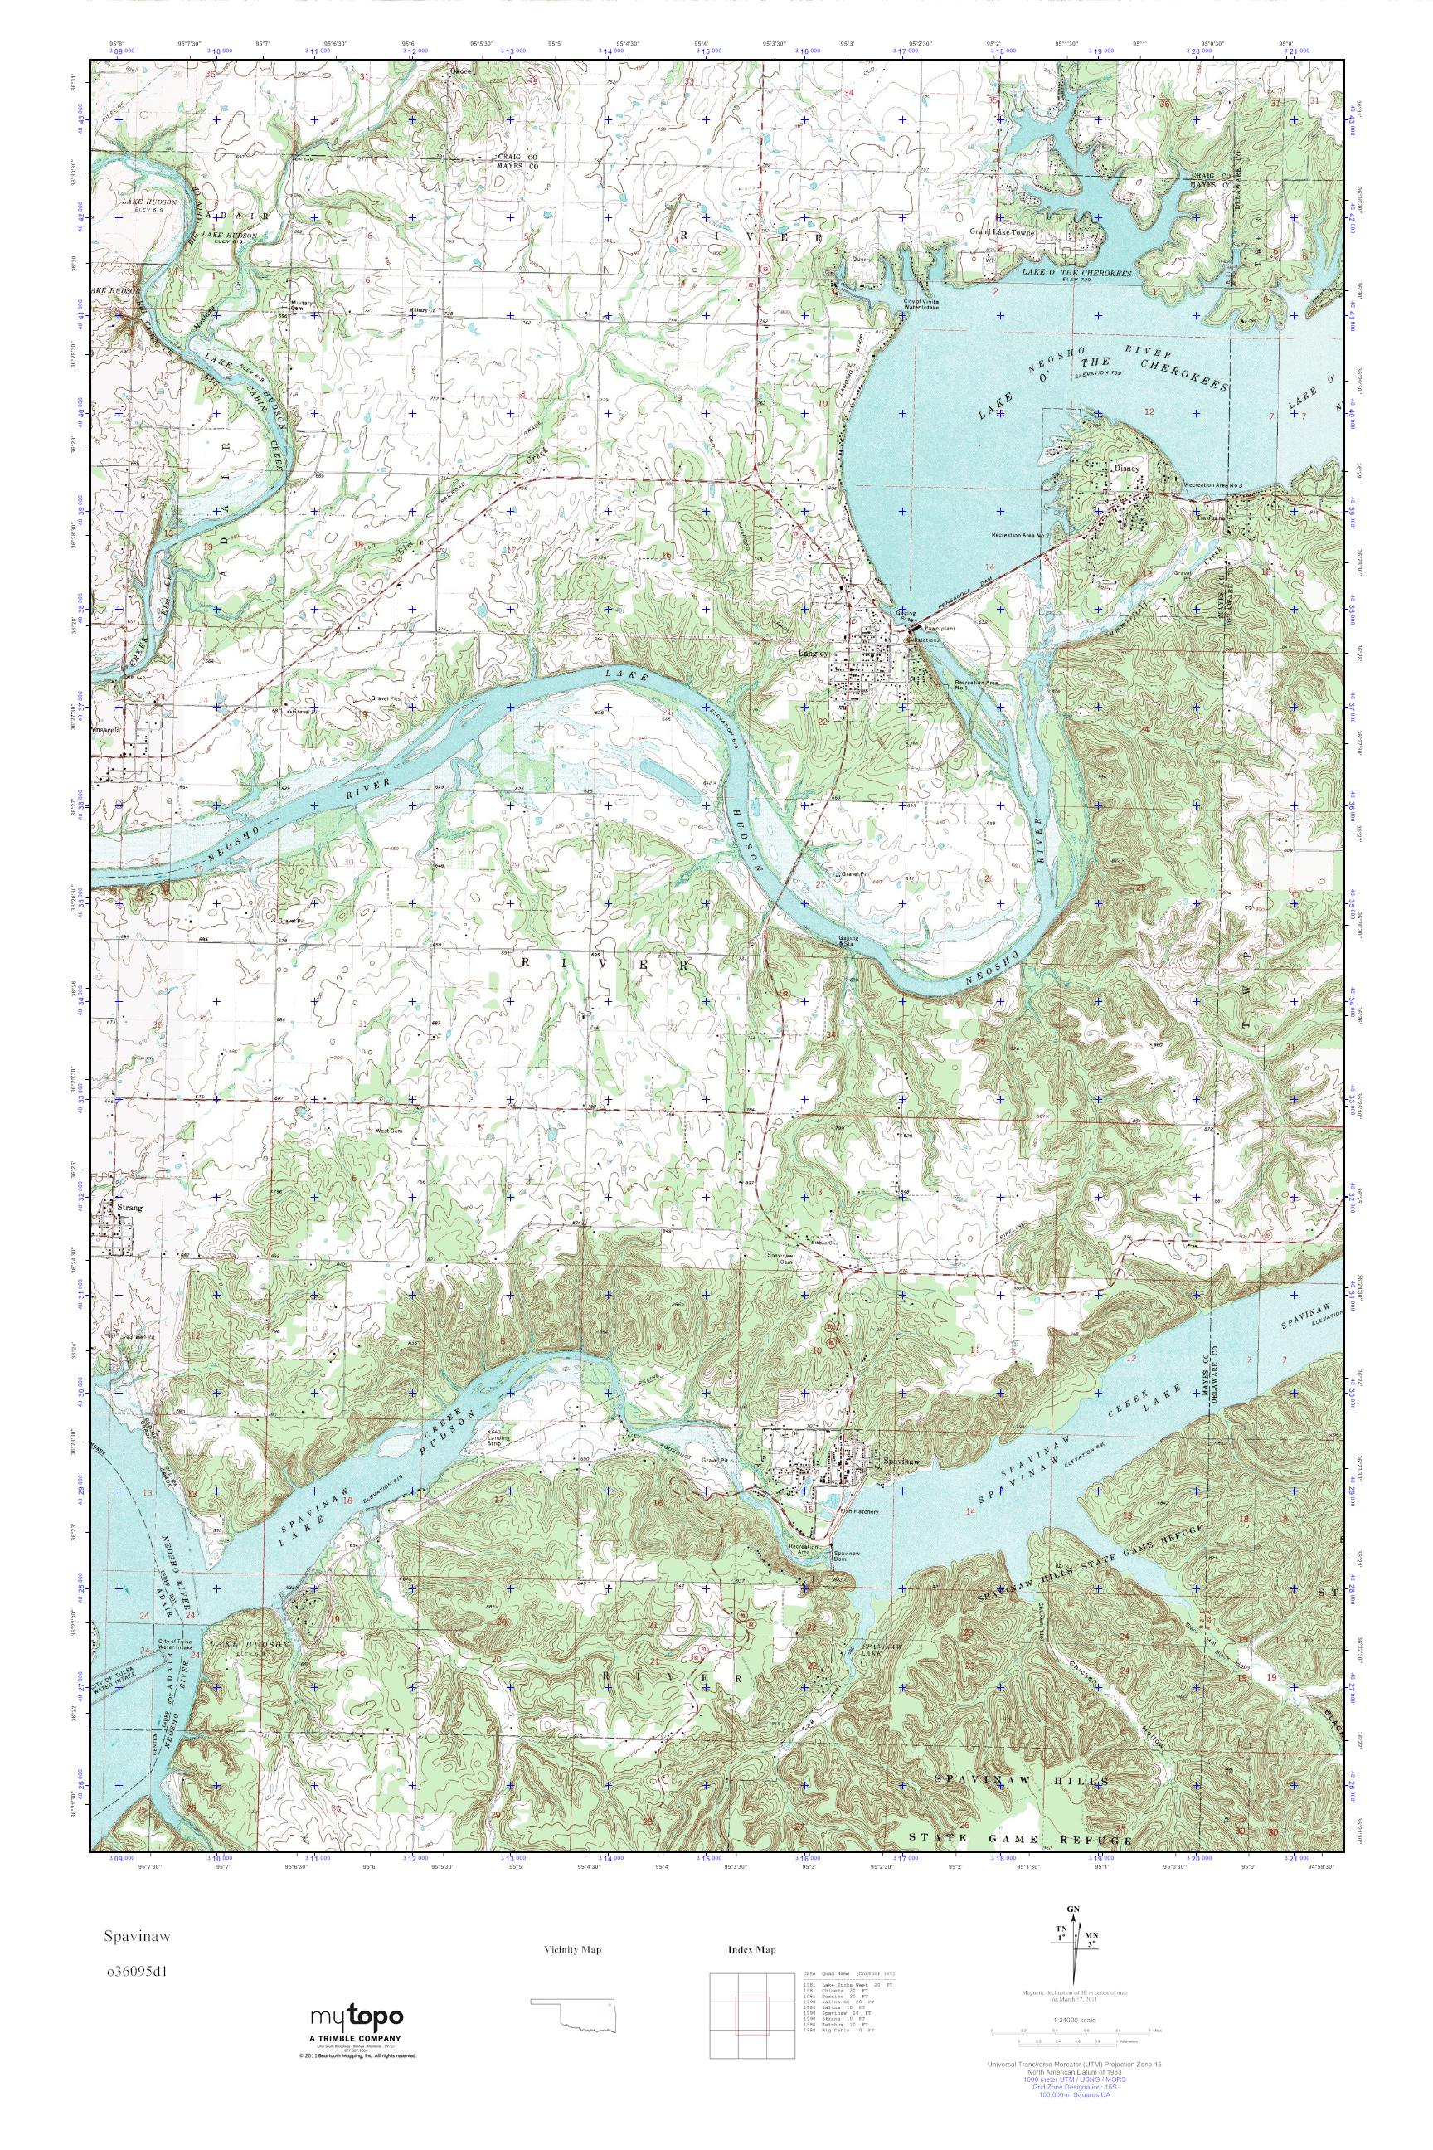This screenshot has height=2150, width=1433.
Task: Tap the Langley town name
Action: (x=814, y=654)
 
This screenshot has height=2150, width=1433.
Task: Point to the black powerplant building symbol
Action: (x=916, y=630)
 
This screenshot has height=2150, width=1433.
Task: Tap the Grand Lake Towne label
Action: (x=1002, y=233)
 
